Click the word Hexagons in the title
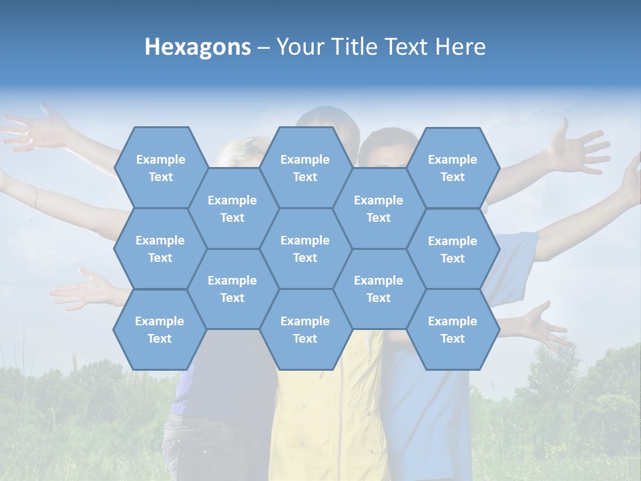[x=198, y=47]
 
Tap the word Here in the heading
[x=460, y=47]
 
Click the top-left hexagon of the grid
[x=160, y=168]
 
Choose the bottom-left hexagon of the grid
[x=160, y=329]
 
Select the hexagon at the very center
[x=305, y=249]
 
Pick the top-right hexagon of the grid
[x=453, y=168]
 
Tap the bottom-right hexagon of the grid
[x=453, y=329]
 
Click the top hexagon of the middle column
[x=305, y=168]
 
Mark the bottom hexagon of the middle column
[x=305, y=329]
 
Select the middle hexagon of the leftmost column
[x=160, y=249]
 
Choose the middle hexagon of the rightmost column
[x=453, y=249]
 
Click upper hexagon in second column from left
[x=232, y=208]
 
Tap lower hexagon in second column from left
[x=232, y=289]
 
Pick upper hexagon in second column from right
[x=379, y=208]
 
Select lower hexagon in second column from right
[x=379, y=289]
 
